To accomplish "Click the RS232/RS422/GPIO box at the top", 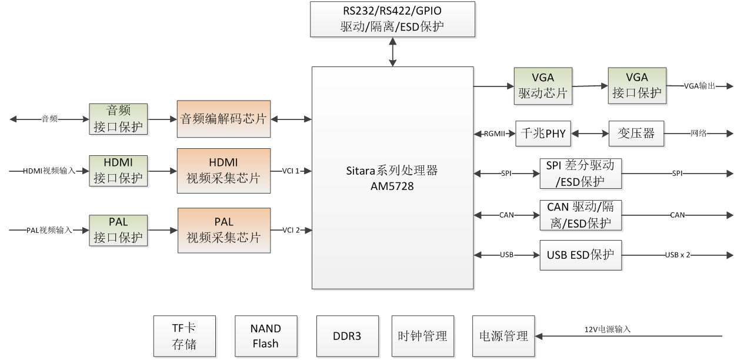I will pyautogui.click(x=392, y=19).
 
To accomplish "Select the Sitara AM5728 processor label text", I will pyautogui.click(x=392, y=177).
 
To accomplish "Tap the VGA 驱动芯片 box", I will pyautogui.click(x=543, y=86).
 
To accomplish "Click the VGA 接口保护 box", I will pyautogui.click(x=637, y=86).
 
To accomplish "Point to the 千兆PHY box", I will pyautogui.click(x=543, y=134).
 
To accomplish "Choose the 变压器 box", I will pyautogui.click(x=636, y=134).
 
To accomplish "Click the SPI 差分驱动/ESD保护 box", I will pyautogui.click(x=580, y=174).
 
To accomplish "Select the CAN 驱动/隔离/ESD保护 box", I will pyautogui.click(x=580, y=215).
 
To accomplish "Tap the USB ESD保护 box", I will pyautogui.click(x=580, y=255).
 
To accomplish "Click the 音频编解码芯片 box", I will pyautogui.click(x=223, y=119).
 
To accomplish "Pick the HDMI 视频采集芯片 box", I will pyautogui.click(x=223, y=171).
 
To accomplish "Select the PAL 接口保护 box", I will pyautogui.click(x=118, y=230).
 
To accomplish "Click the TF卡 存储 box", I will pyautogui.click(x=184, y=336).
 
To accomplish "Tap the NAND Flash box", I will pyautogui.click(x=265, y=336).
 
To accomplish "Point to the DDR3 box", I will pyautogui.click(x=347, y=336).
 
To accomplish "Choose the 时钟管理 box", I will pyautogui.click(x=422, y=336).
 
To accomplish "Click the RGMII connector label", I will pyautogui.click(x=494, y=134).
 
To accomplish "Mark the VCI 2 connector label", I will pyautogui.click(x=291, y=230).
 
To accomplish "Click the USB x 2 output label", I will pyautogui.click(x=678, y=255).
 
